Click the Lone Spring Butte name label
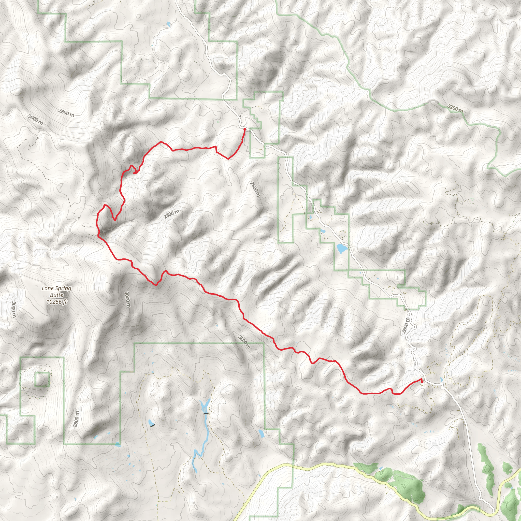(x=56, y=292)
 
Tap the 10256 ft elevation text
(x=56, y=302)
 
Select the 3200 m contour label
(x=455, y=108)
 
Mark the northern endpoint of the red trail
(x=244, y=129)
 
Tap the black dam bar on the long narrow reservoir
(x=206, y=413)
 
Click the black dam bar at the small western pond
(x=153, y=426)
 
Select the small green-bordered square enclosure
(x=42, y=379)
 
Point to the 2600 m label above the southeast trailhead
(x=405, y=325)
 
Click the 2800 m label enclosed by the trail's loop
(x=171, y=214)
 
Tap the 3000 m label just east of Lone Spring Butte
(x=127, y=299)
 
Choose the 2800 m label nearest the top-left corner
(x=66, y=112)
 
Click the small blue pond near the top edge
(x=168, y=24)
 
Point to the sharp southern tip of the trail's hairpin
(x=115, y=220)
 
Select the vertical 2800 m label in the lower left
(x=76, y=419)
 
